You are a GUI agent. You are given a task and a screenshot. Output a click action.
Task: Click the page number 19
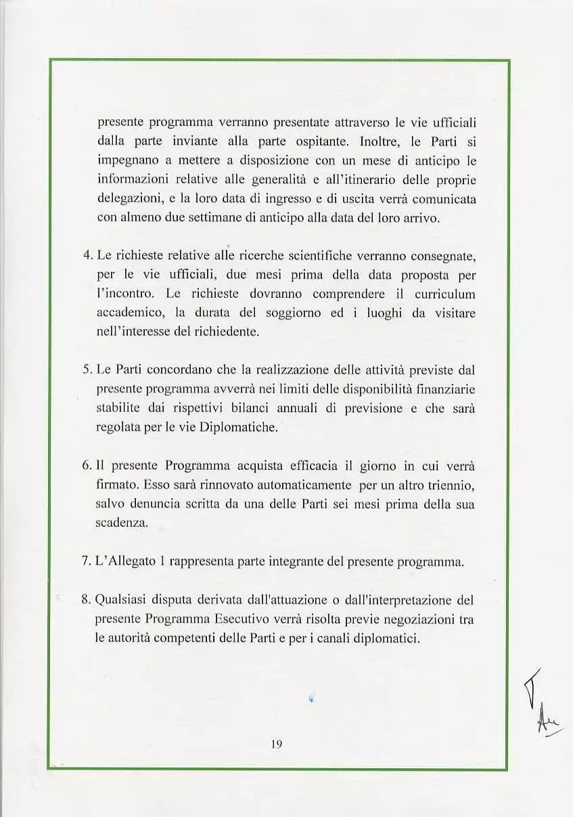276,744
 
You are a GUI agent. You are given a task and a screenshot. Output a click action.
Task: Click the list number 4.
86,256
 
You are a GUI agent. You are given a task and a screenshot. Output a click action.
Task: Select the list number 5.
86,370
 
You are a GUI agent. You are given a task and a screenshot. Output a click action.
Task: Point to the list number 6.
86,466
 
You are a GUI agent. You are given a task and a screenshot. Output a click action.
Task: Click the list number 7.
86,562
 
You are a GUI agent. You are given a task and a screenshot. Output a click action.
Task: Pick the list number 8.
86,600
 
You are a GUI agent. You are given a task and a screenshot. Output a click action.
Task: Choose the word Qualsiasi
119,600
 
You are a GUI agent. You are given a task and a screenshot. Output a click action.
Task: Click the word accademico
127,313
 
